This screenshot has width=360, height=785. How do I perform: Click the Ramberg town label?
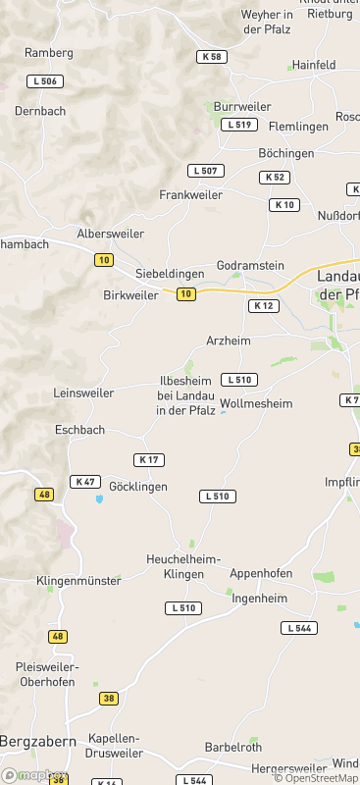coord(49,52)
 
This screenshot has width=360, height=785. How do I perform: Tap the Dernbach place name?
coord(40,111)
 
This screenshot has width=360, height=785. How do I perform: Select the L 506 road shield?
coord(44,80)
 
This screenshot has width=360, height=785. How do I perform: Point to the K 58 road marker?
coord(211,57)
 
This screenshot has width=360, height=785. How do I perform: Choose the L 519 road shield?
coord(239,125)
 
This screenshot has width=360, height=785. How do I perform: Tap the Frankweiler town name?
coord(190,195)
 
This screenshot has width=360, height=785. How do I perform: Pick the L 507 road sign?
coord(208,171)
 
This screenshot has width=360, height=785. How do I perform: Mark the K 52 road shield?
coord(275,177)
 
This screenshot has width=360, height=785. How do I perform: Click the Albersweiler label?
coord(110,234)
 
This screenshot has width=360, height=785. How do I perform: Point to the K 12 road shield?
coord(264,306)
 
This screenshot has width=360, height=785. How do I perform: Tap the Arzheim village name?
coord(229,340)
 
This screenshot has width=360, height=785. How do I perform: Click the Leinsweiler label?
coord(83,392)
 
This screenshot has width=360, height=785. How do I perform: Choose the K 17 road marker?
coord(149,459)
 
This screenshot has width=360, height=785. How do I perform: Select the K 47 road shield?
coord(85,482)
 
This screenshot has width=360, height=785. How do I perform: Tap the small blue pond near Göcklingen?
coord(98,499)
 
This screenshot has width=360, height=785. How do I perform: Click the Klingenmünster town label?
coord(78,581)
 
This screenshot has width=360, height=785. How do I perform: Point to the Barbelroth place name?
coord(233,747)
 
